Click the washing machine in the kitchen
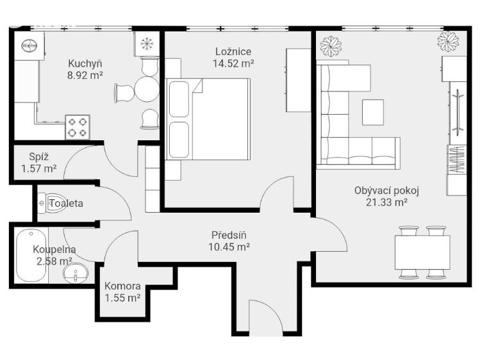coord(28,46)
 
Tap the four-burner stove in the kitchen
coord(78,127)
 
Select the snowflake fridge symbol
coord(147,44)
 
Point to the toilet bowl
coord(51,203)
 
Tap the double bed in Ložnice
coord(209,120)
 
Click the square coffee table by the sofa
coord(373,113)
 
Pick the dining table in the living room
coord(422,252)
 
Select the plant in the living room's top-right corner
coord(447,42)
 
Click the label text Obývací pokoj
coord(382,190)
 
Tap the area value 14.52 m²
coord(233,63)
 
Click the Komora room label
coord(124,287)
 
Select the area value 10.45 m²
coord(229,246)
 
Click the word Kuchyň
coord(85,63)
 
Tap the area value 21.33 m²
coord(382,202)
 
